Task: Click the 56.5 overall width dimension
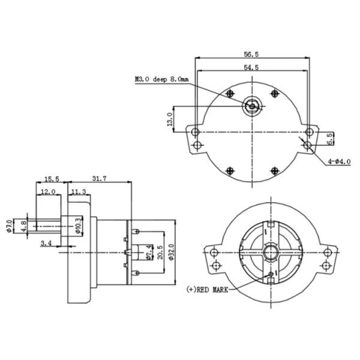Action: click(x=251, y=54)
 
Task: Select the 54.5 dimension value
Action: click(x=251, y=68)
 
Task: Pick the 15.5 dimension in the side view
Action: click(x=51, y=179)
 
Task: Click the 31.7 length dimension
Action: click(x=100, y=179)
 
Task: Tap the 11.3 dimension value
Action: click(x=79, y=192)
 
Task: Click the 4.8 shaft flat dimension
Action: click(x=23, y=227)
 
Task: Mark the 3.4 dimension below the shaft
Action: click(x=46, y=243)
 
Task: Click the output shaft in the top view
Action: click(x=253, y=106)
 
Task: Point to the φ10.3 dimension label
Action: click(x=79, y=226)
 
